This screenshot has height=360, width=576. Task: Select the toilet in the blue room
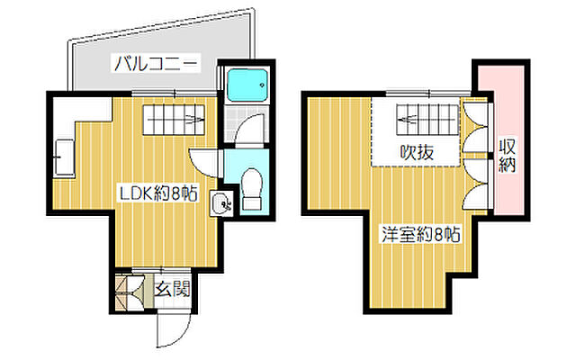252,185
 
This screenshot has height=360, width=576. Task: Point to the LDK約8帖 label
160,193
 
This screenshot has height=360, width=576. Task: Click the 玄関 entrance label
171,290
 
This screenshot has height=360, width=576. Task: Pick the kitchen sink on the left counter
64,160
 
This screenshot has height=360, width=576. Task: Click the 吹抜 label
417,152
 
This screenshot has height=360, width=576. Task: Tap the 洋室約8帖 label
420,236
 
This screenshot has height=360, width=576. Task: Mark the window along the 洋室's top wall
423,93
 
